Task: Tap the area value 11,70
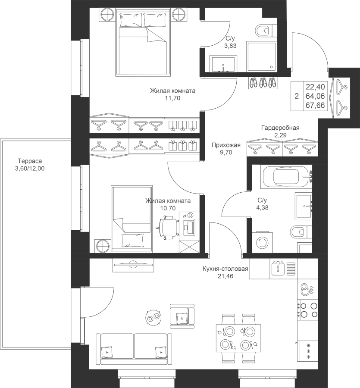(x=172, y=98)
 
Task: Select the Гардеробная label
(x=280, y=128)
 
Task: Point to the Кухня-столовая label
(x=225, y=270)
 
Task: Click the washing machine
(x=262, y=242)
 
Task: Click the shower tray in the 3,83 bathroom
(x=260, y=56)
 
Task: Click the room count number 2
(x=296, y=97)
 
